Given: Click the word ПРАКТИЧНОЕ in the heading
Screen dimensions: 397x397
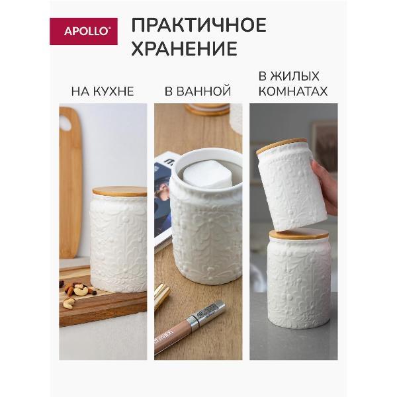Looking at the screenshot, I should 198,25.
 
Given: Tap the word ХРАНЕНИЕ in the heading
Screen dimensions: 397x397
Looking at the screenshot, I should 184,49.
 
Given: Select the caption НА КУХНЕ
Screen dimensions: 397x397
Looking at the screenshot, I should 103,91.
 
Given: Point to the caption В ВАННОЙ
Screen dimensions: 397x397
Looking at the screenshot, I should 198,91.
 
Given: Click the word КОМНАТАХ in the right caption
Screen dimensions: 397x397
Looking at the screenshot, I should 293,91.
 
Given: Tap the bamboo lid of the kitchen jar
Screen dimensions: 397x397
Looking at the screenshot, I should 120,191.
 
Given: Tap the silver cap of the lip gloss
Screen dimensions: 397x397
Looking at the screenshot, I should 210,312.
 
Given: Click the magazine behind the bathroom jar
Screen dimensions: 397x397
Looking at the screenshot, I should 163,198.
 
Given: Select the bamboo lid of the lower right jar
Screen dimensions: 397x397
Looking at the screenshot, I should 298,234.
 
